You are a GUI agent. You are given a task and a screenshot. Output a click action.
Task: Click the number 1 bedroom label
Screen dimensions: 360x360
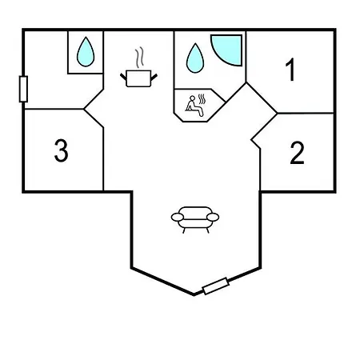(x=290, y=70)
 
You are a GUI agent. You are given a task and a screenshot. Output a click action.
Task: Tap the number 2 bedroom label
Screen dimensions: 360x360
(x=297, y=153)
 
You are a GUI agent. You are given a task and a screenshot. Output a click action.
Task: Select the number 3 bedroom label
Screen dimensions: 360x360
(x=61, y=150)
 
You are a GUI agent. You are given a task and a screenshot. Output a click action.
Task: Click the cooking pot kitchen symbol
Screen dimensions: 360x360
(x=138, y=78)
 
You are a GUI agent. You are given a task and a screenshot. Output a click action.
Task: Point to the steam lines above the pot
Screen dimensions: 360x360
(x=139, y=57)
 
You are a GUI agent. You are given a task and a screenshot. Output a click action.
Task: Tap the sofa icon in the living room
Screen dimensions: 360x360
(x=195, y=220)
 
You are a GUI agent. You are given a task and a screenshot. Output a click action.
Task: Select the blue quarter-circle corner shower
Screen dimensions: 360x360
(x=227, y=50)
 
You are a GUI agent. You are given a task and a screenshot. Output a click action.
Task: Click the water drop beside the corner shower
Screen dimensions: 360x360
(x=195, y=58)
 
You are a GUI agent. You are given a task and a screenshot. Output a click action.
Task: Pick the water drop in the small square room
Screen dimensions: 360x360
(x=86, y=52)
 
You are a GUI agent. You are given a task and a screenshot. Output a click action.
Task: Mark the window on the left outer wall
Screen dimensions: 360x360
(x=23, y=89)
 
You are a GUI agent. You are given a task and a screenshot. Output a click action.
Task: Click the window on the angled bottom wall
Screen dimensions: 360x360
(x=216, y=286)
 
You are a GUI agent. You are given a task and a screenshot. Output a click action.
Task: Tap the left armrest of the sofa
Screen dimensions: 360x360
(x=178, y=218)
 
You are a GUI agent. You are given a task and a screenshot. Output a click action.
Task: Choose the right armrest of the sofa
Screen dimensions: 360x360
(x=213, y=218)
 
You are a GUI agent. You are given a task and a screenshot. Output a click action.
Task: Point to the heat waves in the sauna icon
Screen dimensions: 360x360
(x=202, y=98)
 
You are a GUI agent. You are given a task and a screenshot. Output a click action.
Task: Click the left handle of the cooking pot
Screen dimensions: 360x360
(x=123, y=77)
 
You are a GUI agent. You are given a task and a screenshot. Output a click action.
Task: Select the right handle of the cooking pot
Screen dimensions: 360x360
(x=154, y=77)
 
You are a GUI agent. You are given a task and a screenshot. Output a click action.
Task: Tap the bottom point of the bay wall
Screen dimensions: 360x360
(x=194, y=294)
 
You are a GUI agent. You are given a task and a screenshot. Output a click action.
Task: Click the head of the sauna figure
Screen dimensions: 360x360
(x=192, y=98)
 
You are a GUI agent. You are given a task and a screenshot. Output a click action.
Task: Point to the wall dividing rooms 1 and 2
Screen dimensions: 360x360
(x=306, y=114)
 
